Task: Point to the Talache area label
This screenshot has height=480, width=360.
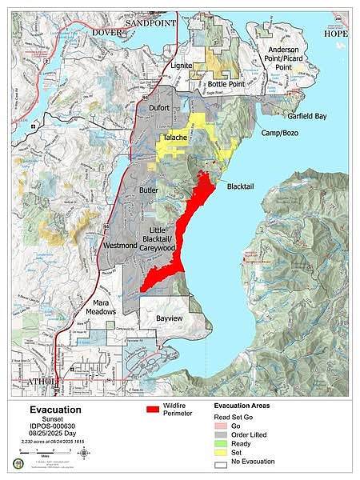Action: pyautogui.click(x=175, y=138)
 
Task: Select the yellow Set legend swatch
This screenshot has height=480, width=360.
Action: pyautogui.click(x=225, y=451)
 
